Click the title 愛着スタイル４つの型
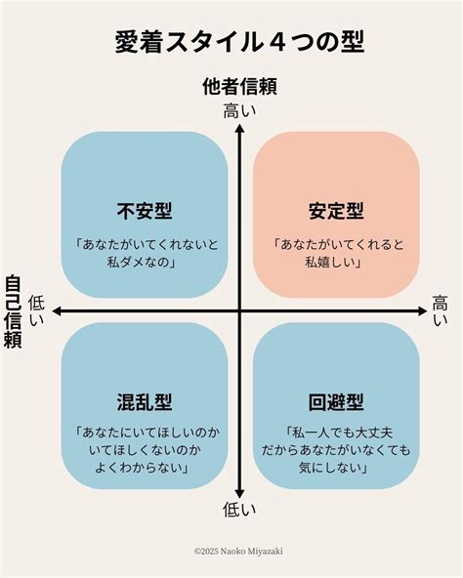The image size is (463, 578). (x=239, y=42)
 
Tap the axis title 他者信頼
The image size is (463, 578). (x=239, y=87)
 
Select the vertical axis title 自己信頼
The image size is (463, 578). (x=13, y=311)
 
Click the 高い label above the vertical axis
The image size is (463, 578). (x=239, y=111)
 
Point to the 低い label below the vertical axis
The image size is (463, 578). (x=239, y=510)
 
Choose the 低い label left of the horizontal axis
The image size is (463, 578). (x=36, y=310)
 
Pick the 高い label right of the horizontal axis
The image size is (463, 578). (x=440, y=310)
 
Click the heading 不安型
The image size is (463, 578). (x=145, y=211)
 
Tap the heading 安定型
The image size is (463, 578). (x=336, y=211)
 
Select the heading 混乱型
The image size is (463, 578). (x=145, y=402)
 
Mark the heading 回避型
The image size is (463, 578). (x=336, y=402)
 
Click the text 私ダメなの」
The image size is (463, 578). (x=143, y=262)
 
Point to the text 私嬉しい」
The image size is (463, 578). (x=333, y=262)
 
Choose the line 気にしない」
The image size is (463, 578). (x=334, y=468)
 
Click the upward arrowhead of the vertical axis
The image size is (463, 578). (x=239, y=128)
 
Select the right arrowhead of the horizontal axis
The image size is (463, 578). (x=422, y=311)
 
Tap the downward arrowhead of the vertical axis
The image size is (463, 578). (x=239, y=494)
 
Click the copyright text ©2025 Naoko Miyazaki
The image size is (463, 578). (x=238, y=552)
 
